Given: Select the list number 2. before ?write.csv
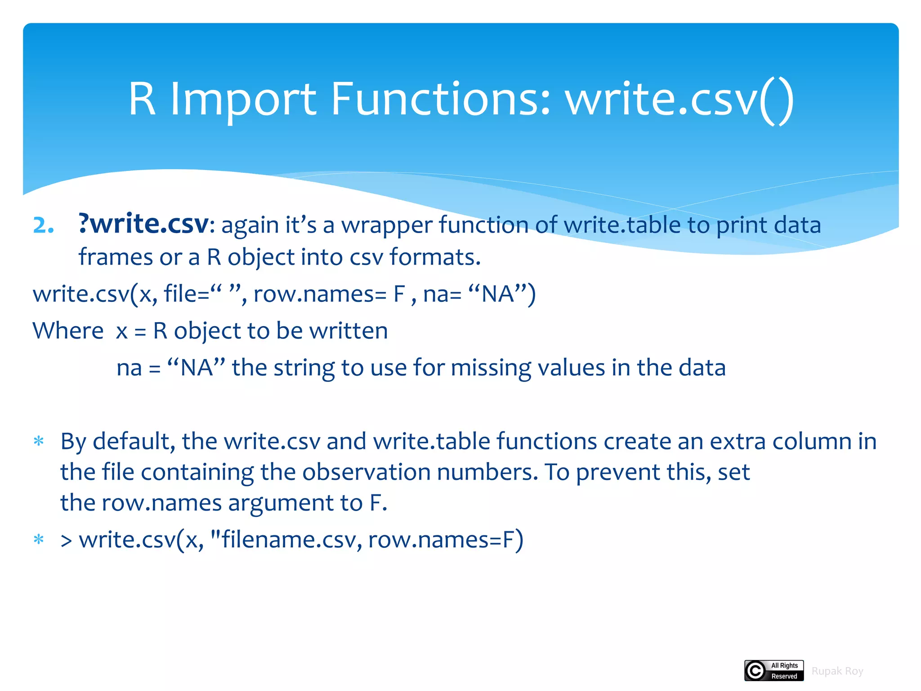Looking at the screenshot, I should (x=44, y=225).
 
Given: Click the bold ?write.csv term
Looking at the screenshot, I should (x=143, y=224).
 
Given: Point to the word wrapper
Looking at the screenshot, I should (x=386, y=225).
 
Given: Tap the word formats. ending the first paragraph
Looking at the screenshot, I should (x=435, y=257).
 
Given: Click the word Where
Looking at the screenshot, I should (x=68, y=331).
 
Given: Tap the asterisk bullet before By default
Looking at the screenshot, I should (x=39, y=441).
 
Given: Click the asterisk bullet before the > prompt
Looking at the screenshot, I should (x=39, y=539).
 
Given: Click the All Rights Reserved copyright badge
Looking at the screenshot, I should (x=773, y=671).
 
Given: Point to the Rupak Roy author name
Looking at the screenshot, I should (x=837, y=671).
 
